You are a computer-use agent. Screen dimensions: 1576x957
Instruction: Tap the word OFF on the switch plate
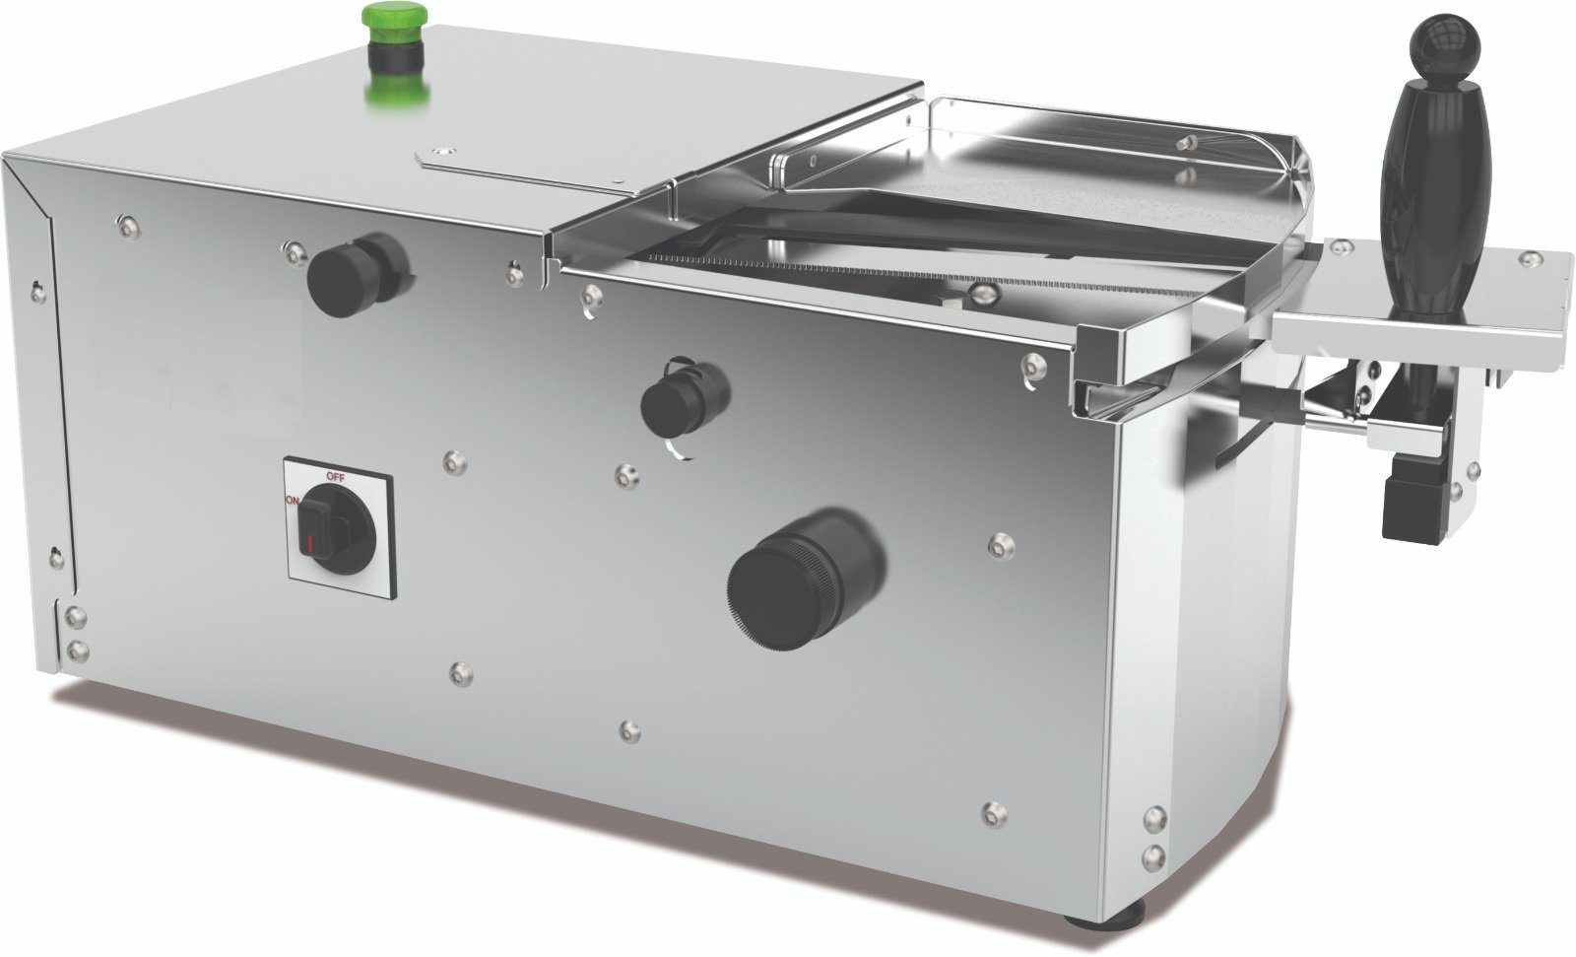coord(336,477)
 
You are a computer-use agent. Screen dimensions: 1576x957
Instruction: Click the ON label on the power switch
coord(292,501)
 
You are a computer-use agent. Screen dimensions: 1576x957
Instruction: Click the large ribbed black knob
coord(806,579)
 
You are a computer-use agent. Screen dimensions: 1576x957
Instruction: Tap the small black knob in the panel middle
coord(684,398)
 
